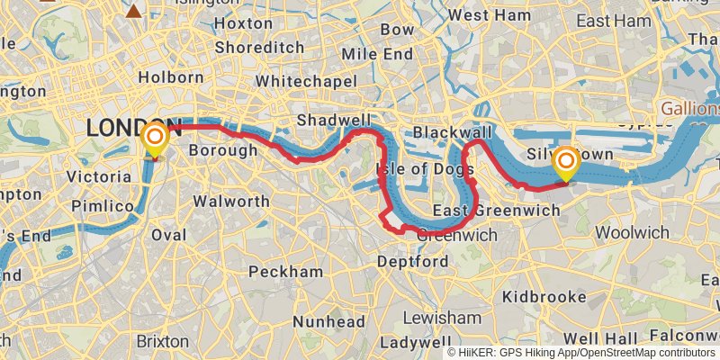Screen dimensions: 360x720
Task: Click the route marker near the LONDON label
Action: click(155, 139)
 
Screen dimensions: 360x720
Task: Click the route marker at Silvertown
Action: click(566, 163)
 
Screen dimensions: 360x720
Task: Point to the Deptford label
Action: click(413, 262)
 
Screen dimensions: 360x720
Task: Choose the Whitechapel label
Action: click(306, 81)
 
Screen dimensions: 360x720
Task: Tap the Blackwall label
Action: click(454, 133)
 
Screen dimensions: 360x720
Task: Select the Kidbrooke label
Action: click(545, 295)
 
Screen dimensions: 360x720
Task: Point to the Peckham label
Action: click(285, 271)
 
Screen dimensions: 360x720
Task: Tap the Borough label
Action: click(222, 150)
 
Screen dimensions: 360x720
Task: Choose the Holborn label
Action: click(172, 77)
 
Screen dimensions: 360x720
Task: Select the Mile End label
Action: click(378, 54)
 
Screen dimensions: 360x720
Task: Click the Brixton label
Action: click(163, 341)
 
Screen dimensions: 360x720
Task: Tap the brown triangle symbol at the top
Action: click(134, 11)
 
